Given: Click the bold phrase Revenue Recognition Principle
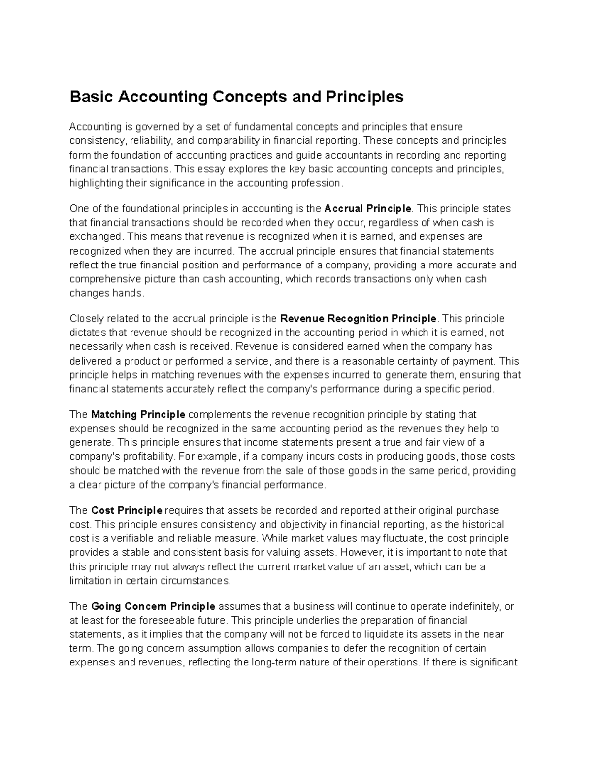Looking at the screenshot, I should click(358, 318).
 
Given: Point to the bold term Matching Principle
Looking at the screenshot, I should click(138, 414).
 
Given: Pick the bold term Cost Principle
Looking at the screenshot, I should click(127, 510).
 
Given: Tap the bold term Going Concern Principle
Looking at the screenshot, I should click(153, 606).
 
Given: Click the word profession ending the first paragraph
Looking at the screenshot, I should click(316, 183).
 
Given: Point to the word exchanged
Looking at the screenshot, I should click(95, 237).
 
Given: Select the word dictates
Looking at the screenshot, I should click(87, 333).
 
